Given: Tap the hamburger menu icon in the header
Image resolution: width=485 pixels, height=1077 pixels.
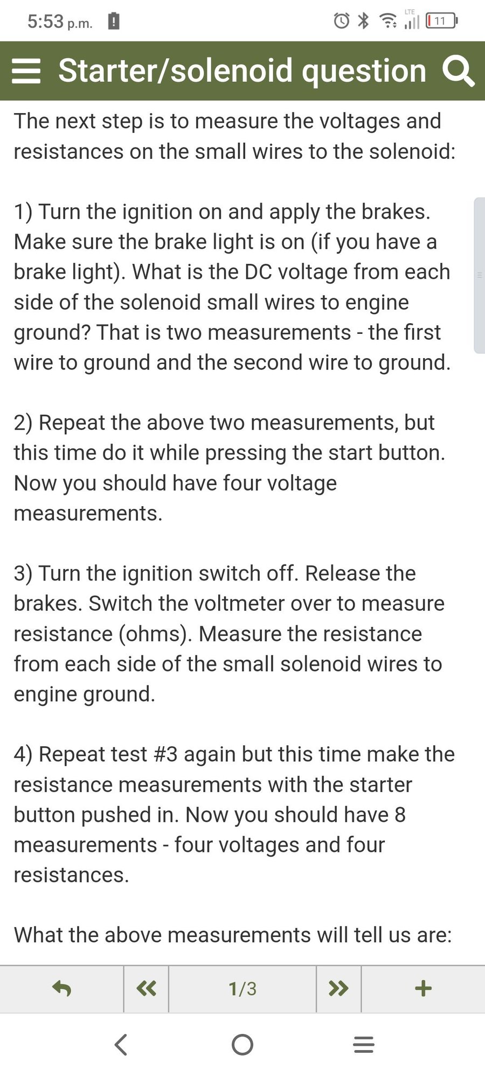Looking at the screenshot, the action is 26,71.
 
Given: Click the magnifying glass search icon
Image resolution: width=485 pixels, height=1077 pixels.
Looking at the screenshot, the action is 458,72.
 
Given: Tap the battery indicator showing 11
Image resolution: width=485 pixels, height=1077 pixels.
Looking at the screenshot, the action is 441,21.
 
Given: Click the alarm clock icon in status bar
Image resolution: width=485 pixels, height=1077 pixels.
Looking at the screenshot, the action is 342,21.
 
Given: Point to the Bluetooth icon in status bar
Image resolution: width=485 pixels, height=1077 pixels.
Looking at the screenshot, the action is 364,21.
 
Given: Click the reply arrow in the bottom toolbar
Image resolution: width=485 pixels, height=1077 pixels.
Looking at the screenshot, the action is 61,989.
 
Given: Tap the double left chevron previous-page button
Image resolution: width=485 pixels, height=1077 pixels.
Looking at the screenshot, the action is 146,989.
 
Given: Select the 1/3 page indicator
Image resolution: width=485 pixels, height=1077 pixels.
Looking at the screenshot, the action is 242,989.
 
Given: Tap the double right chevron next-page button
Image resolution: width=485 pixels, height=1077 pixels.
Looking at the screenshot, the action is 338,989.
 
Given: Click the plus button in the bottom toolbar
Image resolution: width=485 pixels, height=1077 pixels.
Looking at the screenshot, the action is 424,989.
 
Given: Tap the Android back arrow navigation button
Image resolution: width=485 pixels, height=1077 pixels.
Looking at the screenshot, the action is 121,1045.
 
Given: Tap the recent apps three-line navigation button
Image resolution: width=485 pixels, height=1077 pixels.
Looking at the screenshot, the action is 364,1045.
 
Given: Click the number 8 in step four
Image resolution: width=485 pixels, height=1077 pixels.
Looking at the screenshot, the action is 400,815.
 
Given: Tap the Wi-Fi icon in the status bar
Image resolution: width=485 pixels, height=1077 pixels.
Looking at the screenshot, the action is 388,21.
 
